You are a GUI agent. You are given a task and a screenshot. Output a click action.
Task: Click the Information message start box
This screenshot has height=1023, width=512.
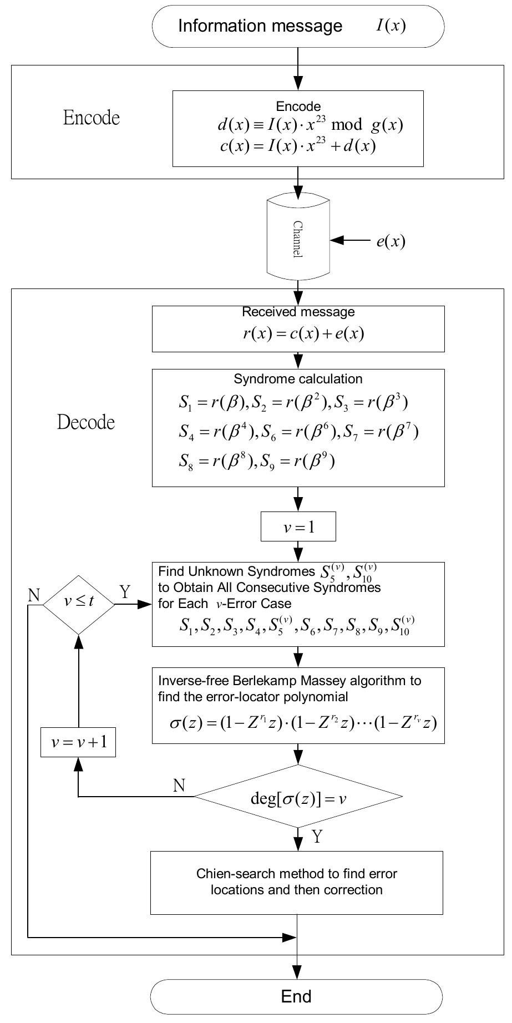coord(298,26)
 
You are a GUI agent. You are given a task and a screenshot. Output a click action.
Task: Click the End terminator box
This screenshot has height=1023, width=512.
coord(296,996)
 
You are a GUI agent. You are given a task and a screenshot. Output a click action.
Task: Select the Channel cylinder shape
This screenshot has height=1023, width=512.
coord(298,239)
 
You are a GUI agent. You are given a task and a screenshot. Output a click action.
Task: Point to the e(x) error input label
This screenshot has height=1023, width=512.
coord(391,241)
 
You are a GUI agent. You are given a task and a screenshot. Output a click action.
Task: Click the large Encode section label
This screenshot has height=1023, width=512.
coord(92,118)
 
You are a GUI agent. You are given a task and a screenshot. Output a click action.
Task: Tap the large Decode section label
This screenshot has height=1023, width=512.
coord(86,422)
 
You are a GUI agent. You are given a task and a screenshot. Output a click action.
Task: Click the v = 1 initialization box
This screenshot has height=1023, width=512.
coord(298,526)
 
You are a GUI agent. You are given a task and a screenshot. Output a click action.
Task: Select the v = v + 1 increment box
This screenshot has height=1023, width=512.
coord(78,742)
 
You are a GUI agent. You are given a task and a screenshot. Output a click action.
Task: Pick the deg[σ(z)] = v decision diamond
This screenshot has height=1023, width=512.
coord(298,797)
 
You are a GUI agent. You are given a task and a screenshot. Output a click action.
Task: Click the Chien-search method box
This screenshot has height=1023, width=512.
coord(297,882)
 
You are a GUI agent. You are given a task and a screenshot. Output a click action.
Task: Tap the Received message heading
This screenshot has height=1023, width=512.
coord(298,312)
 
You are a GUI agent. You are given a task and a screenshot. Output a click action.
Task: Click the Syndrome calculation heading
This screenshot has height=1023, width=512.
coord(298,379)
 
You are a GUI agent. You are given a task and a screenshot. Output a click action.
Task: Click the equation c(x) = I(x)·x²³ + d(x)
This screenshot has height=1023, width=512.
coord(298,147)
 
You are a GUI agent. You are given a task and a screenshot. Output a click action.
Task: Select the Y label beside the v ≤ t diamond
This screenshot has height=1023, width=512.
coord(125,592)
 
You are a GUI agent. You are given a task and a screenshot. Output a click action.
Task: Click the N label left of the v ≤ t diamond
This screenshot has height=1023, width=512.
coord(34,595)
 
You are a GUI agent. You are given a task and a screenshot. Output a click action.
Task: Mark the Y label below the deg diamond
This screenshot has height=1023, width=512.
coord(317,837)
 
